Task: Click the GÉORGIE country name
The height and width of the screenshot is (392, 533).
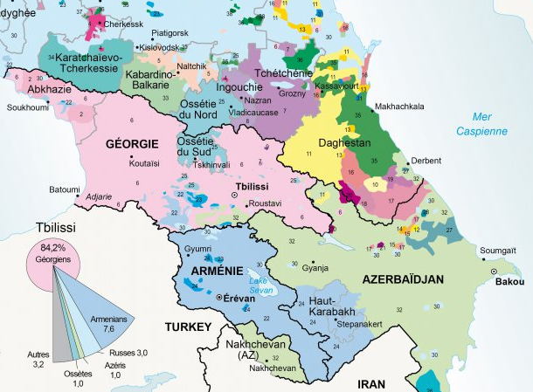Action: pyautogui.click(x=131, y=142)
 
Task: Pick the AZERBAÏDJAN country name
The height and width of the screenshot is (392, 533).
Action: pyautogui.click(x=402, y=280)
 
